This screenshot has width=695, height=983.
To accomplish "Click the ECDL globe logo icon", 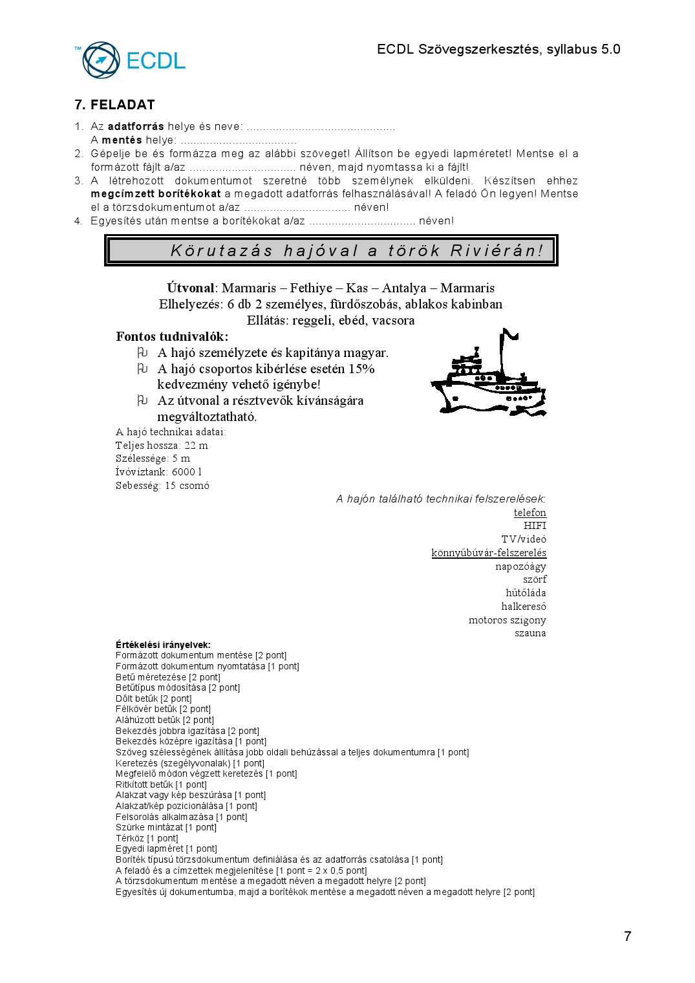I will coord(101,60).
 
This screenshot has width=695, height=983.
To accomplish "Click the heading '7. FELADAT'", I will coord(114,105).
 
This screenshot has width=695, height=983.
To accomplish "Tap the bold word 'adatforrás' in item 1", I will coord(136,127).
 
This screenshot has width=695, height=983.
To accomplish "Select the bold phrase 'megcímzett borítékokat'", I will coord(156,193).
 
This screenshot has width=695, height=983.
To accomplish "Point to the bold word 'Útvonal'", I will coord(190,288).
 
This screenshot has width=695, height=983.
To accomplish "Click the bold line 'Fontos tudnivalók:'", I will coord(172,336).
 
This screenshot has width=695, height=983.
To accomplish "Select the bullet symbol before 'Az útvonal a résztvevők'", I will coord(142,400).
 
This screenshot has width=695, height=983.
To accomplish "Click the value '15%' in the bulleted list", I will coord(361,369).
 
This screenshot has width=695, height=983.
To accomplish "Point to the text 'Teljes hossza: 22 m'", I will coord(162,445).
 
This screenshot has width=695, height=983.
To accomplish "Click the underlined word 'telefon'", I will coord(529,513).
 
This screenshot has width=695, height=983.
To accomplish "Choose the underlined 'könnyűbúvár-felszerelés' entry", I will coord(489,553).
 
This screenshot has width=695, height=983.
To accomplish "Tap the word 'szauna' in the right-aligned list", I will coord(530,633).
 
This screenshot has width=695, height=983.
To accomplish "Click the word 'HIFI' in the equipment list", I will coord(535,526).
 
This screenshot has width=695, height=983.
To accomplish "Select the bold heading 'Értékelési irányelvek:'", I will coord(163,645).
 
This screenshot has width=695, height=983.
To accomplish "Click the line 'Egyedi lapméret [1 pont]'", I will coord(166,848).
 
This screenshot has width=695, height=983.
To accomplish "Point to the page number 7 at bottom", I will coord(627,936).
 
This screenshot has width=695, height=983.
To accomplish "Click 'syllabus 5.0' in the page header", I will coord(583,49).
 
